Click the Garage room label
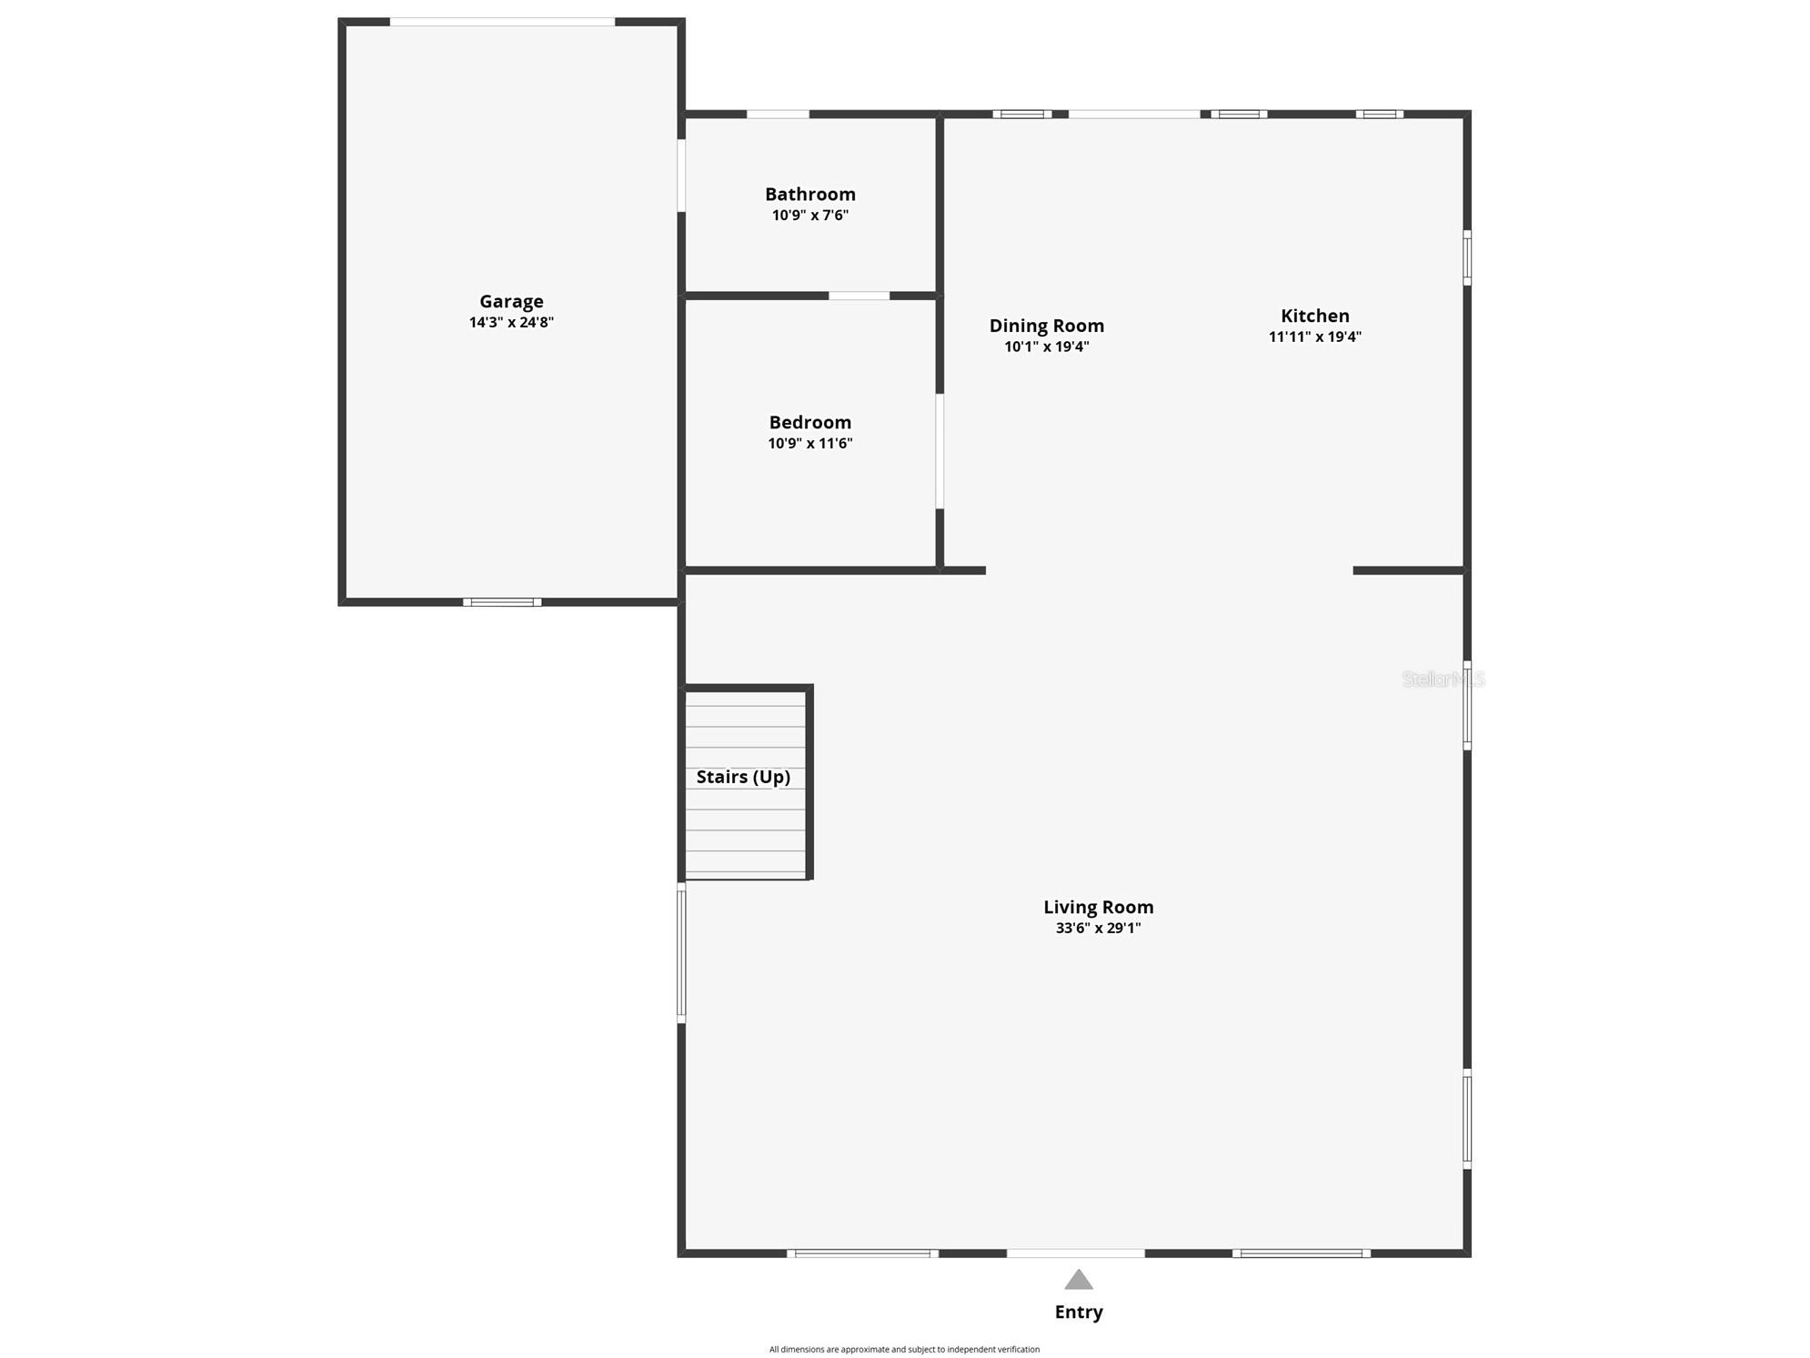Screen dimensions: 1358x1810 point(511,301)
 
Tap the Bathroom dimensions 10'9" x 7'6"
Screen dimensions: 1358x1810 point(809,216)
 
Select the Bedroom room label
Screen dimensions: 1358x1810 point(809,422)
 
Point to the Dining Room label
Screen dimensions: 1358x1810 point(1046,326)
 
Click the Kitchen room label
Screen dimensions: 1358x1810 point(1314,316)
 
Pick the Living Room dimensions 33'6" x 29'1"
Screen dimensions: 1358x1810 point(1098,928)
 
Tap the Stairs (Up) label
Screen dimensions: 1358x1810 point(743,777)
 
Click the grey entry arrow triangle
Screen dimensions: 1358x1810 point(1078,1280)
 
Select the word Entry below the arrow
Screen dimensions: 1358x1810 point(1078,1312)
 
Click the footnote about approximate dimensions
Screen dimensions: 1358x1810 point(904,1349)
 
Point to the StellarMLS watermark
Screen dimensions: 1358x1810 point(1443,679)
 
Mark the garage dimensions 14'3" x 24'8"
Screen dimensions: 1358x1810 point(511,322)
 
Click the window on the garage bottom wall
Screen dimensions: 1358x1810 point(502,602)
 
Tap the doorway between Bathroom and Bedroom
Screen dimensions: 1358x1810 point(859,296)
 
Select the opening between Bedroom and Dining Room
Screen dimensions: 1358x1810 point(940,451)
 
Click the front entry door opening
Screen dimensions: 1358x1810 point(1075,1253)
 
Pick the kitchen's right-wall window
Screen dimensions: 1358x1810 point(1466,258)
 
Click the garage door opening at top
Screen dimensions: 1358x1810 point(502,22)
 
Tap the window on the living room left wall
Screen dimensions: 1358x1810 point(681,953)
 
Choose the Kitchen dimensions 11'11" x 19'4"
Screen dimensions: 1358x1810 point(1314,337)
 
